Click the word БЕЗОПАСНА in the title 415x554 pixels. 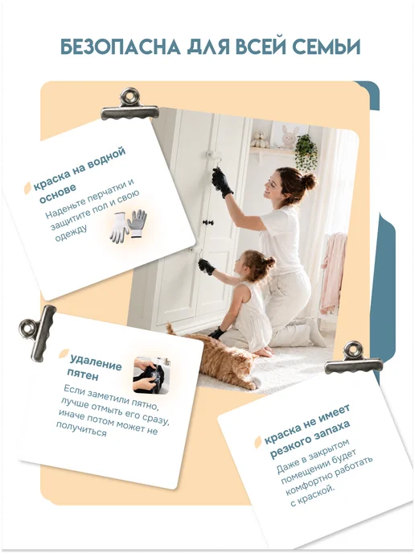[120, 47]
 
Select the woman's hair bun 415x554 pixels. [310, 182]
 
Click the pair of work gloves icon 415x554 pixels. [128, 226]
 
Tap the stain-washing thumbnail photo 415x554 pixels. [151, 376]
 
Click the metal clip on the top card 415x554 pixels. [129, 105]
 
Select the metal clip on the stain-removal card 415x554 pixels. [38, 333]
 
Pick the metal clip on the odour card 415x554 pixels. [353, 358]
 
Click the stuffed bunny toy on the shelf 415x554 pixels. [290, 137]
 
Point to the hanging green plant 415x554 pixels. [306, 151]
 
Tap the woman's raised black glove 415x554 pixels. [222, 183]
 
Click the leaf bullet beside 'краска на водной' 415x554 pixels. [27, 188]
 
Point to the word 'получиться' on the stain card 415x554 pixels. [81, 429]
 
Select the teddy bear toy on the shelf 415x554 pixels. [260, 139]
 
